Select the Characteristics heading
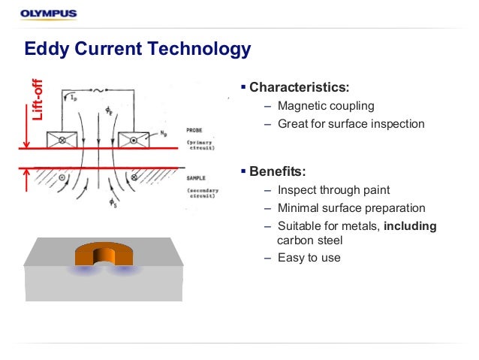pyautogui.click(x=299, y=86)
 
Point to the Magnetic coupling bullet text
pyautogui.click(x=325, y=106)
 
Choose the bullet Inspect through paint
pyautogui.click(x=333, y=190)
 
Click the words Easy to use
pyautogui.click(x=309, y=258)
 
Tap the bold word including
pyautogui.click(x=410, y=225)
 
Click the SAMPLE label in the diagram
pyautogui.click(x=196, y=178)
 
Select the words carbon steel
pyautogui.click(x=309, y=241)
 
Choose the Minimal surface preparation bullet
pyautogui.click(x=351, y=208)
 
